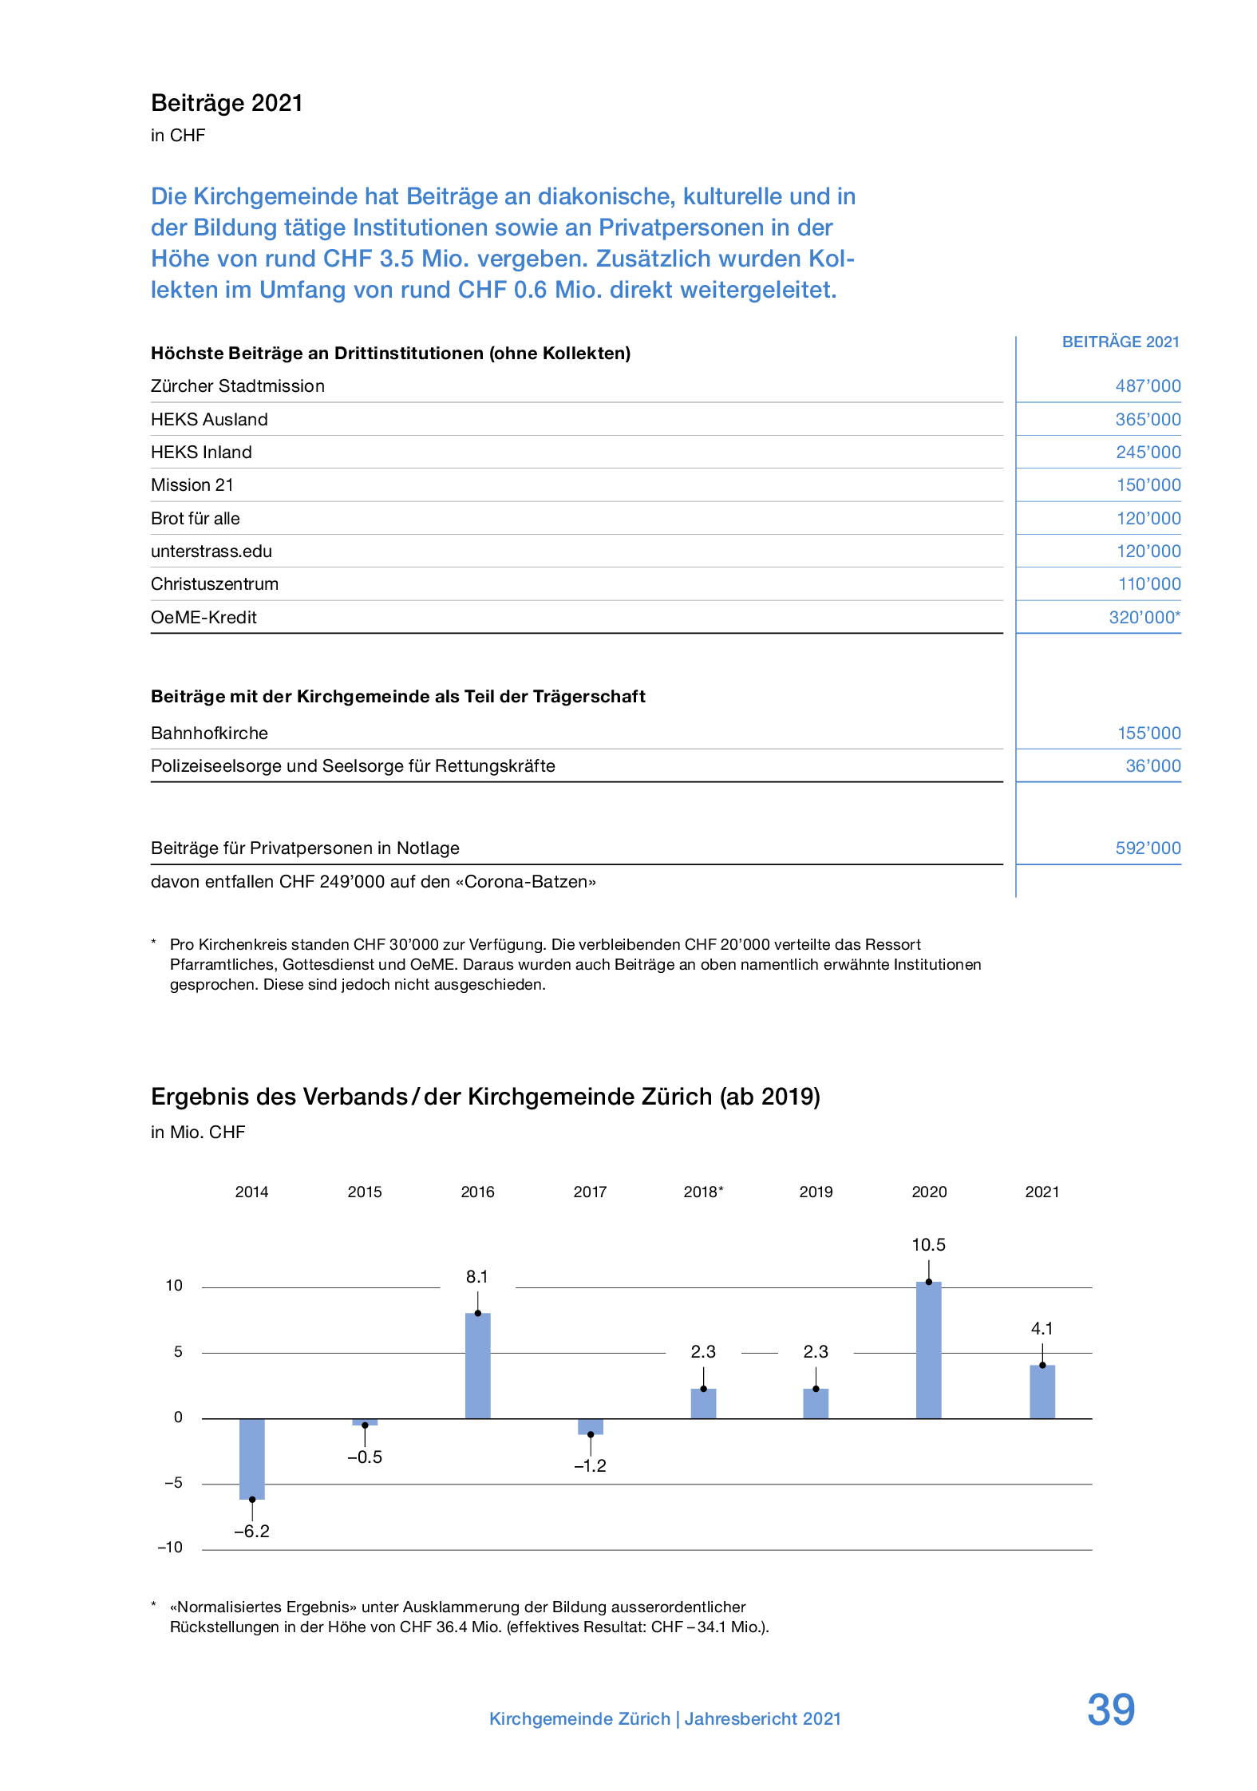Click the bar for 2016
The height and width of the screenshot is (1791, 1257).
click(x=477, y=1366)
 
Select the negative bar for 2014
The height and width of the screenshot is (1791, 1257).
click(x=252, y=1458)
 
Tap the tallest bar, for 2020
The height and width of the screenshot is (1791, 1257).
click(x=928, y=1350)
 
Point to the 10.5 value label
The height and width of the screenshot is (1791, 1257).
click(x=928, y=1244)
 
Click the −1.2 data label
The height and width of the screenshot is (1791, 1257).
click(x=590, y=1465)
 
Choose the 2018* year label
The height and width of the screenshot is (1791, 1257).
click(x=703, y=1192)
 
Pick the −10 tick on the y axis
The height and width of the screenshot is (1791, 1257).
click(x=170, y=1547)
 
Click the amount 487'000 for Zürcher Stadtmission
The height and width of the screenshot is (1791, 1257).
click(x=1148, y=386)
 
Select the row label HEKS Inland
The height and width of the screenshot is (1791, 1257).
click(x=201, y=453)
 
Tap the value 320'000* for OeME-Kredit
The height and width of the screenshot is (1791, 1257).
click(x=1144, y=617)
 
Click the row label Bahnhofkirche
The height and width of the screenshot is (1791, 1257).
click(x=209, y=733)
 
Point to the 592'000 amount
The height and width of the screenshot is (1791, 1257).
click(x=1148, y=848)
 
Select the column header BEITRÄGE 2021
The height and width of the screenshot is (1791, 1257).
click(x=1120, y=342)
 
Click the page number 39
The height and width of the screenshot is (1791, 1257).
click(x=1110, y=1709)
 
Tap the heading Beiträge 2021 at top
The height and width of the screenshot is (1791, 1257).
click(x=227, y=103)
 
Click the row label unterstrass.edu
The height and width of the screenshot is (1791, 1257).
click(x=211, y=552)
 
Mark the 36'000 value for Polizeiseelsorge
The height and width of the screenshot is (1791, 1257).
click(x=1152, y=766)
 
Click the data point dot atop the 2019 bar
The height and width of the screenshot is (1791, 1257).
click(x=816, y=1389)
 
